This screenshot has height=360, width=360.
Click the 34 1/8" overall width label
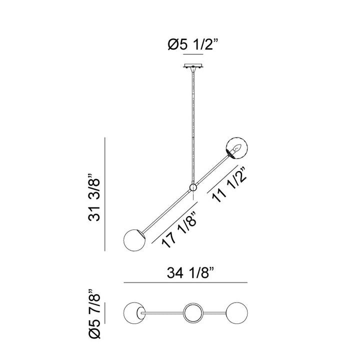[x=190, y=273]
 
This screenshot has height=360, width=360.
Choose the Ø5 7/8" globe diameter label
[x=94, y=313]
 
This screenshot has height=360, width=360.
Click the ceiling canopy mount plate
[x=193, y=66]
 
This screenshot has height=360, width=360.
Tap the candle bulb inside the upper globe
[x=237, y=148]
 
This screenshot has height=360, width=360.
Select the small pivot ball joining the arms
[x=193, y=187]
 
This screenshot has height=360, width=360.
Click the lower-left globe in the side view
[x=134, y=240]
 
